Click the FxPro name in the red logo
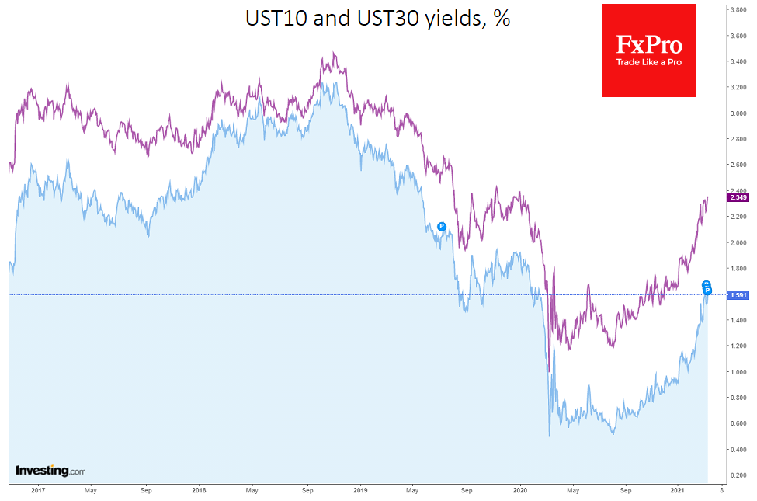click(648, 43)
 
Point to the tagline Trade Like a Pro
click(648, 62)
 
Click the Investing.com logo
click(50, 471)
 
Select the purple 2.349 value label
click(737, 197)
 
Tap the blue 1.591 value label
click(737, 295)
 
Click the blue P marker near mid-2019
click(442, 227)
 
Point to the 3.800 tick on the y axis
click(737, 10)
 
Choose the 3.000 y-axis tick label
click(737, 113)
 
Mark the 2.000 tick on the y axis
click(737, 242)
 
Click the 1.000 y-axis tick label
click(737, 372)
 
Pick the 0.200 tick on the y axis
click(737, 475)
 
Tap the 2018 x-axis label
click(199, 491)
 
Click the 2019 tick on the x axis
click(359, 491)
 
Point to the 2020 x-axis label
click(520, 491)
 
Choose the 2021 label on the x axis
click(678, 491)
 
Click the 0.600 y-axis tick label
click(737, 423)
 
